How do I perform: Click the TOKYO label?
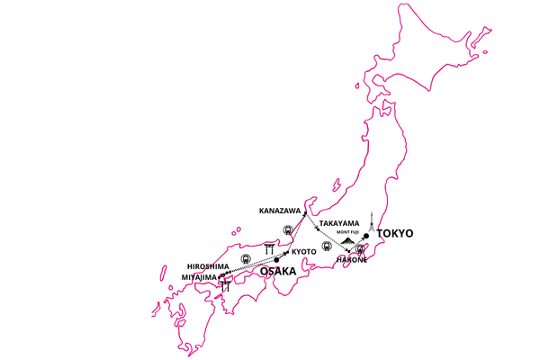tap(395, 233)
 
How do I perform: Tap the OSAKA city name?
tap(278, 271)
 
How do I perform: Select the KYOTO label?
tap(304, 251)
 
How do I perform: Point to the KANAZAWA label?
tap(280, 211)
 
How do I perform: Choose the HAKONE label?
tap(352, 260)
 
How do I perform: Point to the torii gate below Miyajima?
tap(225, 285)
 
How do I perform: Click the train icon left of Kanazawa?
tap(288, 229)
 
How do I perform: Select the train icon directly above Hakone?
tap(361, 248)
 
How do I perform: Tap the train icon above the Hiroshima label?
tap(246, 258)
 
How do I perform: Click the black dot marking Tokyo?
tap(367, 237)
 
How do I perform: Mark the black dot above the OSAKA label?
tap(277, 260)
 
